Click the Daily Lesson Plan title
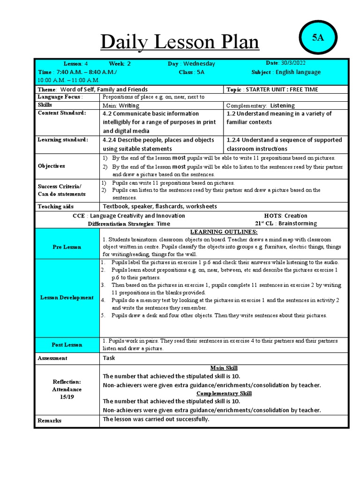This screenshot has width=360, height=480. pyautogui.click(x=180, y=43)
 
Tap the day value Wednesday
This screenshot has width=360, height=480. pyautogui.click(x=199, y=64)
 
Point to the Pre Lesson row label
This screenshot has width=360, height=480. pyautogui.click(x=67, y=247)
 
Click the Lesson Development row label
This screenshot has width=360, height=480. pyautogui.click(x=67, y=298)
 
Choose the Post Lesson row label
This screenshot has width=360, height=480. pyautogui.click(x=67, y=345)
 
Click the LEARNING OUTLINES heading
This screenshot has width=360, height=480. pyautogui.click(x=224, y=232)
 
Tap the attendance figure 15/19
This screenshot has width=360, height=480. pyautogui.click(x=67, y=397)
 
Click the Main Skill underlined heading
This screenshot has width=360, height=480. pyautogui.click(x=224, y=368)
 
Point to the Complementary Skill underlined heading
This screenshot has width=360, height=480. pyautogui.click(x=224, y=393)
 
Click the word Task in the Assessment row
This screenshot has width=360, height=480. pyautogui.click(x=109, y=358)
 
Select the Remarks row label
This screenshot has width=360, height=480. pyautogui.click(x=49, y=420)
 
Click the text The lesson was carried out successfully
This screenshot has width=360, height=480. pyautogui.click(x=156, y=419)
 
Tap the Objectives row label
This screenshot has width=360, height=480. pyautogui.click(x=51, y=166)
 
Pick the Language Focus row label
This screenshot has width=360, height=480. pyautogui.click(x=60, y=97)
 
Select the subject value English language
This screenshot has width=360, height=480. pyautogui.click(x=298, y=72)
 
